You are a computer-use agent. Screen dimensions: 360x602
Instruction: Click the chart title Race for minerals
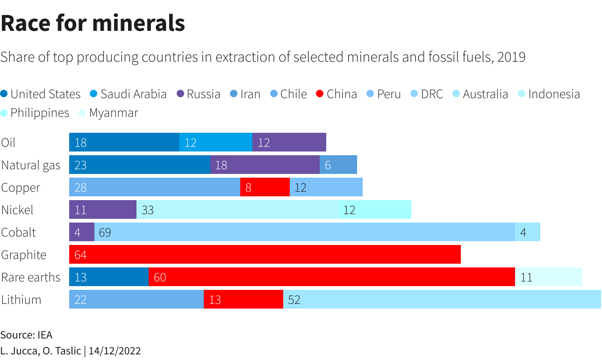pyautogui.click(x=93, y=23)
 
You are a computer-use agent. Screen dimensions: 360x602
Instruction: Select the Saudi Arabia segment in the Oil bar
pyautogui.click(x=216, y=142)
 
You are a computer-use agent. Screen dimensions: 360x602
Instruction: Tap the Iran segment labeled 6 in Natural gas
pyautogui.click(x=338, y=165)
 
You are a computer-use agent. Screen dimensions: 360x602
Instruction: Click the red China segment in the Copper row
pyautogui.click(x=265, y=187)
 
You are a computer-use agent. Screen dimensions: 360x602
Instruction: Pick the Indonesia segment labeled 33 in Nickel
pyautogui.click(x=237, y=209)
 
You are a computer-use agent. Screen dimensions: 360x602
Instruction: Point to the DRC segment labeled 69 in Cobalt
pyautogui.click(x=305, y=232)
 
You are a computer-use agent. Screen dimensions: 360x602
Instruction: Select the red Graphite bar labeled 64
pyautogui.click(x=265, y=254)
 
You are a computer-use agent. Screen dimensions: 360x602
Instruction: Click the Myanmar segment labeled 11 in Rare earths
pyautogui.click(x=549, y=277)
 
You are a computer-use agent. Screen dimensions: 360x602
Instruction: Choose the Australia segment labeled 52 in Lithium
pyautogui.click(x=442, y=299)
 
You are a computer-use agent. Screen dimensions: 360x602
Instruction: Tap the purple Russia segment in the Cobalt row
pyautogui.click(x=82, y=232)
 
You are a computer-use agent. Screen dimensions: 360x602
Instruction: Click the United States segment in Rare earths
pyautogui.click(x=109, y=277)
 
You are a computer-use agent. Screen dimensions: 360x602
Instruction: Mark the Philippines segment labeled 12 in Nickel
pyautogui.click(x=375, y=209)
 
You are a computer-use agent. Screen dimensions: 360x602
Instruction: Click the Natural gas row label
pyautogui.click(x=31, y=165)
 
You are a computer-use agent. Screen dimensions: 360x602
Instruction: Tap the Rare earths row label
pyautogui.click(x=31, y=277)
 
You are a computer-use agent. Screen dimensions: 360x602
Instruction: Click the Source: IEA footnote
pyautogui.click(x=26, y=335)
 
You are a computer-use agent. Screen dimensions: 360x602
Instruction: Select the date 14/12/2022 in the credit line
pyautogui.click(x=115, y=351)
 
